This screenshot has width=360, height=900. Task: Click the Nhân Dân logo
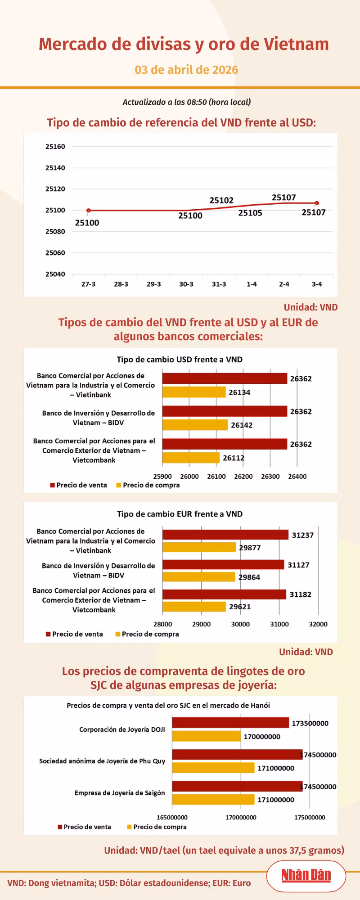point(306,875)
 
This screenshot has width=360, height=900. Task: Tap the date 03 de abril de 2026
point(186,70)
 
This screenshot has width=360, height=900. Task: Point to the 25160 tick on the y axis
point(55,147)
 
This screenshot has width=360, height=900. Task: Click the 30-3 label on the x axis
point(186,284)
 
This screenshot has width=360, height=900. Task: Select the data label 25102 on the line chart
point(221,200)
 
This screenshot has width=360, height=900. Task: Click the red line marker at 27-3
point(89,211)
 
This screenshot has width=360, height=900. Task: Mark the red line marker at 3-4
point(317,203)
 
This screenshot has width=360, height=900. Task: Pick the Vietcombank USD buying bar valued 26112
point(191,458)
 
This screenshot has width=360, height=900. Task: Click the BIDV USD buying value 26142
point(242,425)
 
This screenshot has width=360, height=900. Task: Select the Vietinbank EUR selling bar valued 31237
point(225,535)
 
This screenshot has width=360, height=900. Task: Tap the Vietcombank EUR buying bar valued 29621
point(194,607)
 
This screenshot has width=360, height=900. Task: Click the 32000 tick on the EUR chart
point(318,624)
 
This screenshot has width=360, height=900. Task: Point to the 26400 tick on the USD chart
point(297,477)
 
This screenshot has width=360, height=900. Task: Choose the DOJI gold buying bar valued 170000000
point(206,736)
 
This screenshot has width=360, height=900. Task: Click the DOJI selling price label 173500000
point(310,723)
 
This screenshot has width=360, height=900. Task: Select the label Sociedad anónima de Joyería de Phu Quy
point(102,761)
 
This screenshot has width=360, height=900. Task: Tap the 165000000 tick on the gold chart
point(172,817)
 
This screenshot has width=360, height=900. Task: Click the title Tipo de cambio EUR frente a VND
point(180,514)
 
